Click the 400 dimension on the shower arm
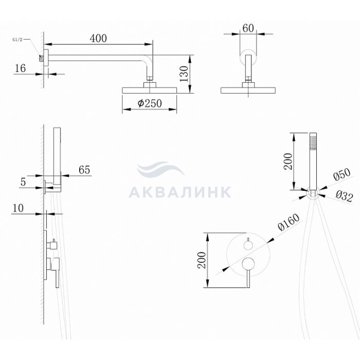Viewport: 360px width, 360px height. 98,39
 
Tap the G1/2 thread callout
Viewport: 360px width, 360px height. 17,40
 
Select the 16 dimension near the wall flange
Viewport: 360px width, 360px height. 20,68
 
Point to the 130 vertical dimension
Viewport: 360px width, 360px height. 184,74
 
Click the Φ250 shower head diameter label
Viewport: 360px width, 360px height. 150,103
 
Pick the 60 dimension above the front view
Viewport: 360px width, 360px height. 248,28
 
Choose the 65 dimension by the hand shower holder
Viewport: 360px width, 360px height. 84,170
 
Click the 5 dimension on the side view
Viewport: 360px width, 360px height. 23,182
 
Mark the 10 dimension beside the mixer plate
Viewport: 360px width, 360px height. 18,208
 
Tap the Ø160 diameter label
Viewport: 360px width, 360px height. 289,222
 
